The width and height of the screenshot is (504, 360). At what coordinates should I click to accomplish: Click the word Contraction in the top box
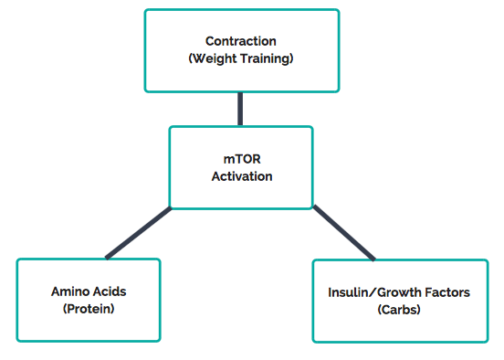pos(241,41)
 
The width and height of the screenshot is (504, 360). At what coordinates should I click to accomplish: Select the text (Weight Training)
pos(241,58)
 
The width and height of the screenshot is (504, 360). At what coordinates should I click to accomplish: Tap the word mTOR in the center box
pos(241,158)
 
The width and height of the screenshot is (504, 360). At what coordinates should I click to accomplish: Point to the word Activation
pos(241,175)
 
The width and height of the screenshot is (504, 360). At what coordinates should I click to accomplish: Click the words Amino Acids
pos(89,291)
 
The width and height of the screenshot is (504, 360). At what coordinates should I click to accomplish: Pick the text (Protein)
pos(89,309)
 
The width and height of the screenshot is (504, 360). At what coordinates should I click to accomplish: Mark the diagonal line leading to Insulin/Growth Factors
pos(343,233)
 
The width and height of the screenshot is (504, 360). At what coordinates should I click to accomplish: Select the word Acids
pos(109,291)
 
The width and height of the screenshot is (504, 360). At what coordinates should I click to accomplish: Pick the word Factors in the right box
pos(446,292)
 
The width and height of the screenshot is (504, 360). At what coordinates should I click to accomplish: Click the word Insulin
pos(347,292)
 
